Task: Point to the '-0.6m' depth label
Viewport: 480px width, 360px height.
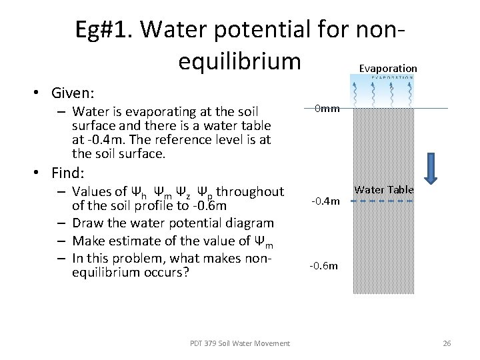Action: [x=324, y=265]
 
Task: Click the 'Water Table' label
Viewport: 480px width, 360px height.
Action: [x=383, y=190]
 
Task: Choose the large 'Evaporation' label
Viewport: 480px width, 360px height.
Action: [x=388, y=68]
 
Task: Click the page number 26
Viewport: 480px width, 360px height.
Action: [x=447, y=343]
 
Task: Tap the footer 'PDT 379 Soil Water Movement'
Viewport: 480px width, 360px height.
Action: [x=240, y=343]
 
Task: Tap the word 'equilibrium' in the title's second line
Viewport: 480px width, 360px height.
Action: [x=240, y=61]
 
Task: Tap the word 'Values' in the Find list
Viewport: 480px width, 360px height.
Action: [x=93, y=191]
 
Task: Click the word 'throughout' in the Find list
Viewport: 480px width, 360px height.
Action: [x=251, y=191]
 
